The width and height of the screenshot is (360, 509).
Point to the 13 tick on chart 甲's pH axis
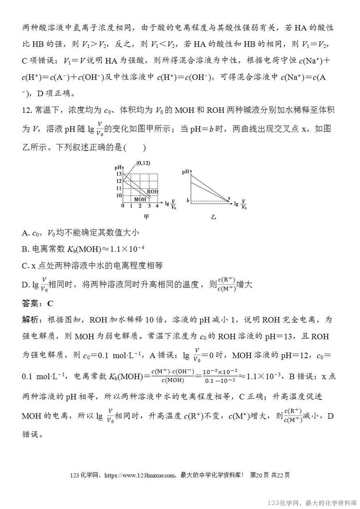pos(119,174)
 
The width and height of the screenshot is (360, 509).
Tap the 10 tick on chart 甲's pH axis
pos(119,195)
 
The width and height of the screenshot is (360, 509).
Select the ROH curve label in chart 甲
pos(152,191)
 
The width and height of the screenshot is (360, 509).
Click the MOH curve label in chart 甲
pos(140,199)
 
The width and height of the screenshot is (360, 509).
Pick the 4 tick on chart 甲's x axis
pos(157,206)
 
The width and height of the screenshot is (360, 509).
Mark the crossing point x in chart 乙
pos(229,198)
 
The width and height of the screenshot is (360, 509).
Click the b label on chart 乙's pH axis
pos(188,201)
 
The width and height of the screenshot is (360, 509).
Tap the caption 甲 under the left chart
pos(146,217)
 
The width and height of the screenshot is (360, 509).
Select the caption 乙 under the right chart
pos(213,217)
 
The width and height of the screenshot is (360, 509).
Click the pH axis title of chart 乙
pos(186,172)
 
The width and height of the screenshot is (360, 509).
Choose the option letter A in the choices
pos(25,233)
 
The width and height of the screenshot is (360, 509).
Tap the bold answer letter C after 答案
pos(50,303)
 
